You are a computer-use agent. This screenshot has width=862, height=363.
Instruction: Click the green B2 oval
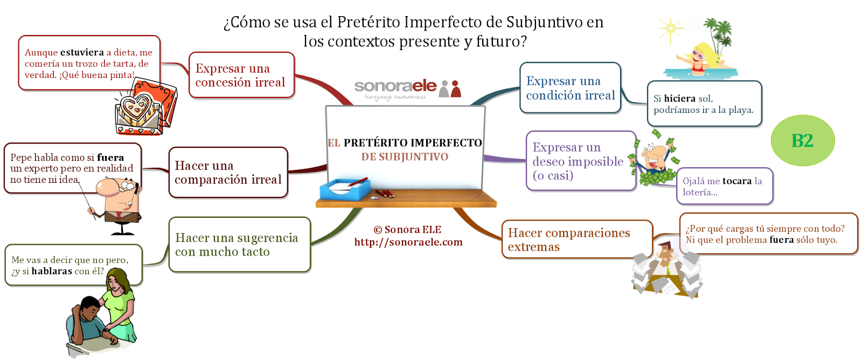(x=802, y=141)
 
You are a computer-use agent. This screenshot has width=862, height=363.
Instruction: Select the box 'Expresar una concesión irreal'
(x=241, y=75)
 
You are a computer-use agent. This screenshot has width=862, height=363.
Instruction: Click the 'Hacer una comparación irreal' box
(x=228, y=173)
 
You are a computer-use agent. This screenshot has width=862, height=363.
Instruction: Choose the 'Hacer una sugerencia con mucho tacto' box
(x=239, y=245)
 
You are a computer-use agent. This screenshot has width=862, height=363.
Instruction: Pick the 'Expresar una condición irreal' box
(x=570, y=88)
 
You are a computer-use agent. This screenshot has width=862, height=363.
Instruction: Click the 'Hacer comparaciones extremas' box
(x=576, y=240)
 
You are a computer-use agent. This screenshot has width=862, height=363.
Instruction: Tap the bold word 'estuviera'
(x=82, y=53)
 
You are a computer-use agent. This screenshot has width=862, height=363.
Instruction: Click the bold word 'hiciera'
(x=679, y=98)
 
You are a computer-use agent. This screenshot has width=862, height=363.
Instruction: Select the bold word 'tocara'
(x=736, y=181)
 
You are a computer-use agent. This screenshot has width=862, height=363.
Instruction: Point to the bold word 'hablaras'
(x=52, y=271)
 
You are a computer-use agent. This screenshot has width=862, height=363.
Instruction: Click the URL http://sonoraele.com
(x=408, y=243)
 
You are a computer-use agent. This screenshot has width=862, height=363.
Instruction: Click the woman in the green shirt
(x=120, y=304)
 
